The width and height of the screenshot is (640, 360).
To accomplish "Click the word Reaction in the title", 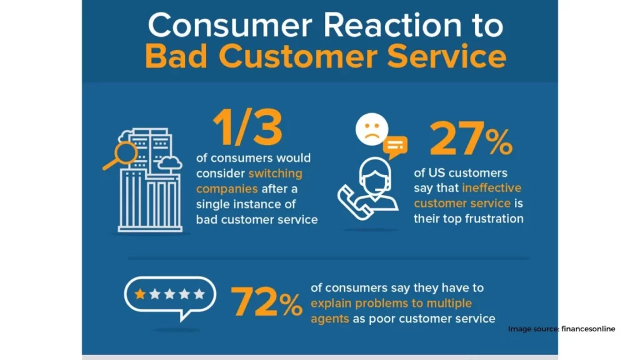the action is pyautogui.click(x=392, y=25).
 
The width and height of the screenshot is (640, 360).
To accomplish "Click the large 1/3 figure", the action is pyautogui.click(x=247, y=127).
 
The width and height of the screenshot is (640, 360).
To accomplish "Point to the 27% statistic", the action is pyautogui.click(x=471, y=139).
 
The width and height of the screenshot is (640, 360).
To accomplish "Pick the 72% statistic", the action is pyautogui.click(x=266, y=302).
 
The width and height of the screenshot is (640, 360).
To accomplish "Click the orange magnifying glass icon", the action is pyautogui.click(x=121, y=156).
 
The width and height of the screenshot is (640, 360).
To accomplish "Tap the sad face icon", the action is pyautogui.click(x=372, y=129).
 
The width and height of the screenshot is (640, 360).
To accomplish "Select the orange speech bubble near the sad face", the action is pyautogui.click(x=395, y=147).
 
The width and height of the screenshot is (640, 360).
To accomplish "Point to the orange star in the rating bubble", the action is pyautogui.click(x=140, y=294).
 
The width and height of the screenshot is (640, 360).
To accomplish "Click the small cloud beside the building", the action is pyautogui.click(x=170, y=162).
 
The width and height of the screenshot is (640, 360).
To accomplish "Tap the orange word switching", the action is pyautogui.click(x=276, y=173).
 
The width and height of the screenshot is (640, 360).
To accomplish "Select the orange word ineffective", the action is pyautogui.click(x=492, y=187).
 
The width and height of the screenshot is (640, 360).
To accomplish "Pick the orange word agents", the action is pyautogui.click(x=330, y=319).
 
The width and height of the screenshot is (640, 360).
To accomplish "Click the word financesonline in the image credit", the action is pyautogui.click(x=588, y=329).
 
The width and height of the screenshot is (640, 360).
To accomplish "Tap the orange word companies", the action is pyautogui.click(x=227, y=189).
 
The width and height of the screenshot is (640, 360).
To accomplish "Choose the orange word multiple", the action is pyautogui.click(x=449, y=303).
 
